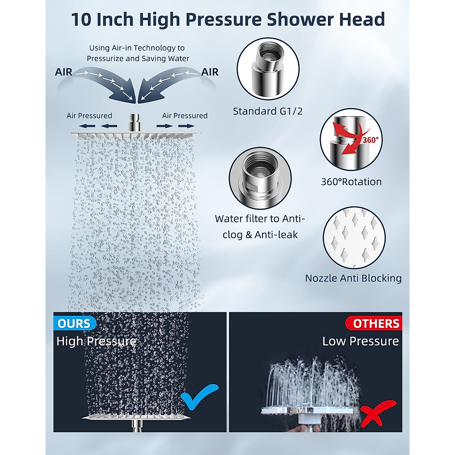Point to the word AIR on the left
point(63,72)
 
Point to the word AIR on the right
point(210,72)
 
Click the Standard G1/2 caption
point(268,111)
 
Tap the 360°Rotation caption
point(351,182)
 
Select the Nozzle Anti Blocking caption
point(353,278)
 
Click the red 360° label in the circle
point(370,140)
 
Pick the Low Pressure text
point(360,341)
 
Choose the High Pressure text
point(96,341)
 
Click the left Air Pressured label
point(89,116)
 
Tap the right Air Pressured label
point(185,116)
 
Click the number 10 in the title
point(81,20)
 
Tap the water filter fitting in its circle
point(260,178)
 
